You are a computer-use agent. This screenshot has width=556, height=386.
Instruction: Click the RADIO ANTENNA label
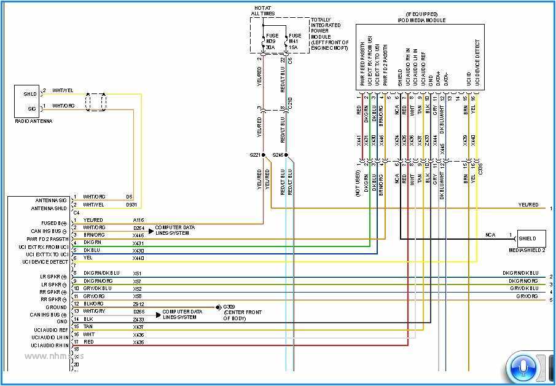pos(34,121)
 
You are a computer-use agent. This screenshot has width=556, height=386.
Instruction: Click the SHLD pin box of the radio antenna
pos(29,94)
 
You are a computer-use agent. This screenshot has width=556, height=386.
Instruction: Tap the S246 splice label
pos(279,156)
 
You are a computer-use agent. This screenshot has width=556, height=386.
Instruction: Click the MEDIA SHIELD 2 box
pos(531,238)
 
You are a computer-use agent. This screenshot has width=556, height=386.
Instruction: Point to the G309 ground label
pos(229,306)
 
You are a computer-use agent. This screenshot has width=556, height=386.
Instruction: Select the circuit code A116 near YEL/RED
pos(138,220)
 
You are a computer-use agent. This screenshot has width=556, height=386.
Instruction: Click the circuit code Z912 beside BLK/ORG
pos(138,304)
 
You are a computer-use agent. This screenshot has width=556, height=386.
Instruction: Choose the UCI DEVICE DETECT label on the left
pos(45,262)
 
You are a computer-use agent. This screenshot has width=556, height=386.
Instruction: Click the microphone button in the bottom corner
pos(522,368)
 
